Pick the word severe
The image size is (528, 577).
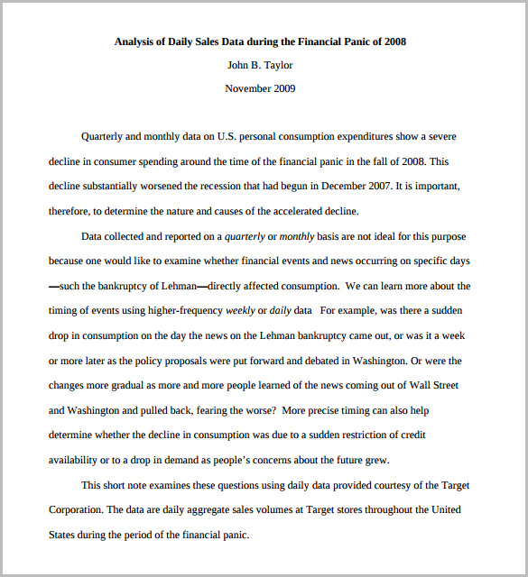439,137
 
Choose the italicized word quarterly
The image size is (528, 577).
245,236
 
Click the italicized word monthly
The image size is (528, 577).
298,236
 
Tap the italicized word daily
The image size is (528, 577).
281,310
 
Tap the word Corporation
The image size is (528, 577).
75,509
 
